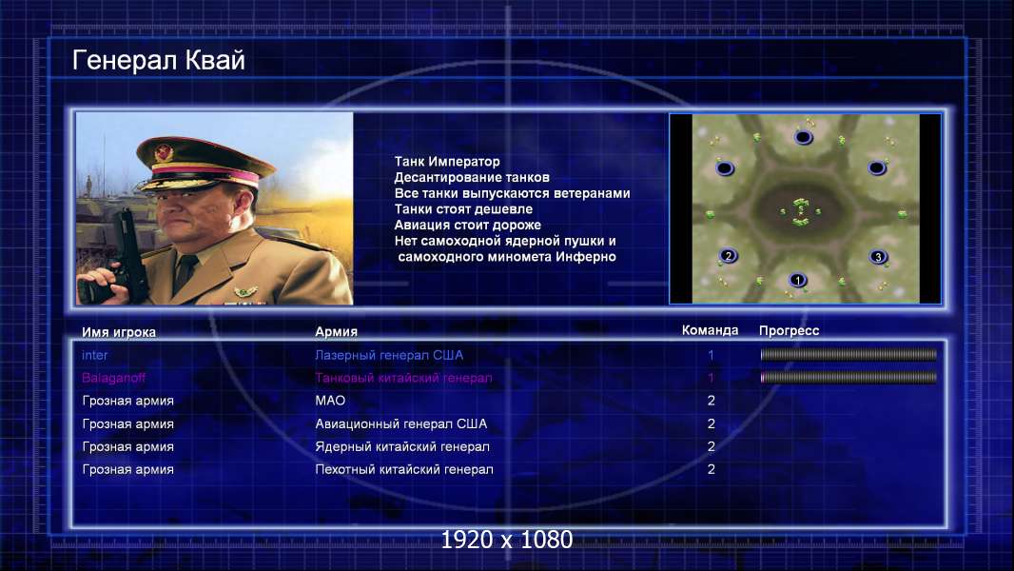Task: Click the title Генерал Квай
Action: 159,61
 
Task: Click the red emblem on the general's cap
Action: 164,153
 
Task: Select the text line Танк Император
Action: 447,162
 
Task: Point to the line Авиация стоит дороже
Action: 468,225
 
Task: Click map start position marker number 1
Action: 798,280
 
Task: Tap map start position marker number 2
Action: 729,256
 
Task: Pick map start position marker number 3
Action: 878,257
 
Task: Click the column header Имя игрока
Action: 118,332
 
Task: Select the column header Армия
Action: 337,332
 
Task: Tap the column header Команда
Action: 710,330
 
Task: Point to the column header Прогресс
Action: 789,331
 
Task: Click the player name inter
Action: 94,355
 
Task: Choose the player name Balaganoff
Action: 113,378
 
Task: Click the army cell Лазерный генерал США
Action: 389,355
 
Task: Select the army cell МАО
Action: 330,401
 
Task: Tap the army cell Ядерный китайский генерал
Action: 402,447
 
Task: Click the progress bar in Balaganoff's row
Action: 848,377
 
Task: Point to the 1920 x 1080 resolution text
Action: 506,540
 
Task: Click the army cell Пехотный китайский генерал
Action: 404,469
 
